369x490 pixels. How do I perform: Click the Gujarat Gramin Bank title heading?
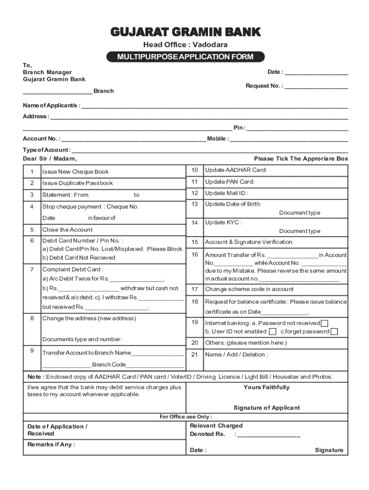click(x=185, y=32)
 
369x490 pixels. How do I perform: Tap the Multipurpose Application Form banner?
click(x=185, y=57)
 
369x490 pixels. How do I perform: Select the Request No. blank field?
click(x=316, y=87)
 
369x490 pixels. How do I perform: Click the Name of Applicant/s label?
click(x=51, y=105)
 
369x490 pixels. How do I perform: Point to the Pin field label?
click(x=239, y=128)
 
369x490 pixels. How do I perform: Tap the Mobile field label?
click(x=218, y=139)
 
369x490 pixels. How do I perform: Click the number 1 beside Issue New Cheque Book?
click(x=32, y=172)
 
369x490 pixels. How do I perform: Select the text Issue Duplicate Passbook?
click(x=78, y=183)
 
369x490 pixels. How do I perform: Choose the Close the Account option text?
click(x=68, y=230)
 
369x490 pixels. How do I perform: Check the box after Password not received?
click(x=325, y=323)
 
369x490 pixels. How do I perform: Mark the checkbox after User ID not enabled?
click(x=272, y=332)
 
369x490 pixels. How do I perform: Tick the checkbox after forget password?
click(x=334, y=332)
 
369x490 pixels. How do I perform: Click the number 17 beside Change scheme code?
click(x=195, y=289)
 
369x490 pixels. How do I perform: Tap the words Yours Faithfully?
click(x=266, y=387)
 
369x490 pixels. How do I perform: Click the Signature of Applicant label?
click(x=266, y=408)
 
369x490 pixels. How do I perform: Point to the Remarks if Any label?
click(x=51, y=445)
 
